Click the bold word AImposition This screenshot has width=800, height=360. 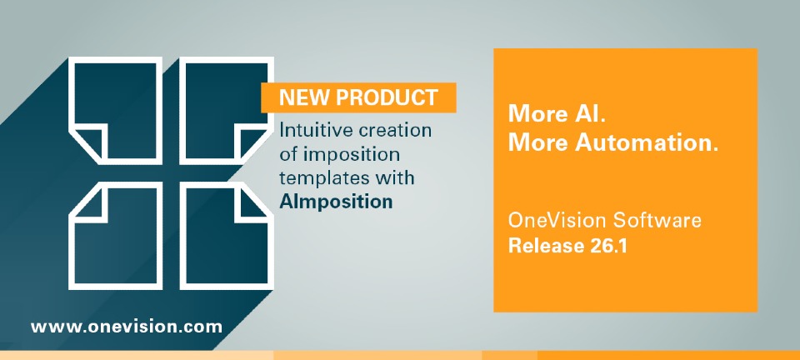tap(336, 202)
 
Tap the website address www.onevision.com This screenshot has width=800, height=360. tap(127, 327)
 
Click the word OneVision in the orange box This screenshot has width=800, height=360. tap(557, 221)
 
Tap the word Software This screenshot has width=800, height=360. tap(657, 221)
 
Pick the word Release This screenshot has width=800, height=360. tap(542, 246)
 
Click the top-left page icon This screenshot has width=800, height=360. tap(115, 111)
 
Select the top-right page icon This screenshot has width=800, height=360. tap(227, 111)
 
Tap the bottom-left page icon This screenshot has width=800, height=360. tap(115, 236)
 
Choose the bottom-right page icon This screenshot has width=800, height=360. tap(227, 236)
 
